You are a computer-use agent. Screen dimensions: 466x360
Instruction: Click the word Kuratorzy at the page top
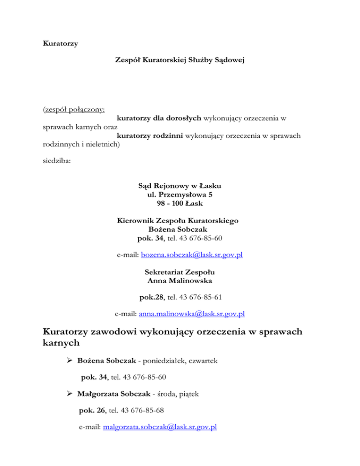click(60, 44)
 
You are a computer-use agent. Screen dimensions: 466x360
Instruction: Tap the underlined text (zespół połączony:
click(73, 110)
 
